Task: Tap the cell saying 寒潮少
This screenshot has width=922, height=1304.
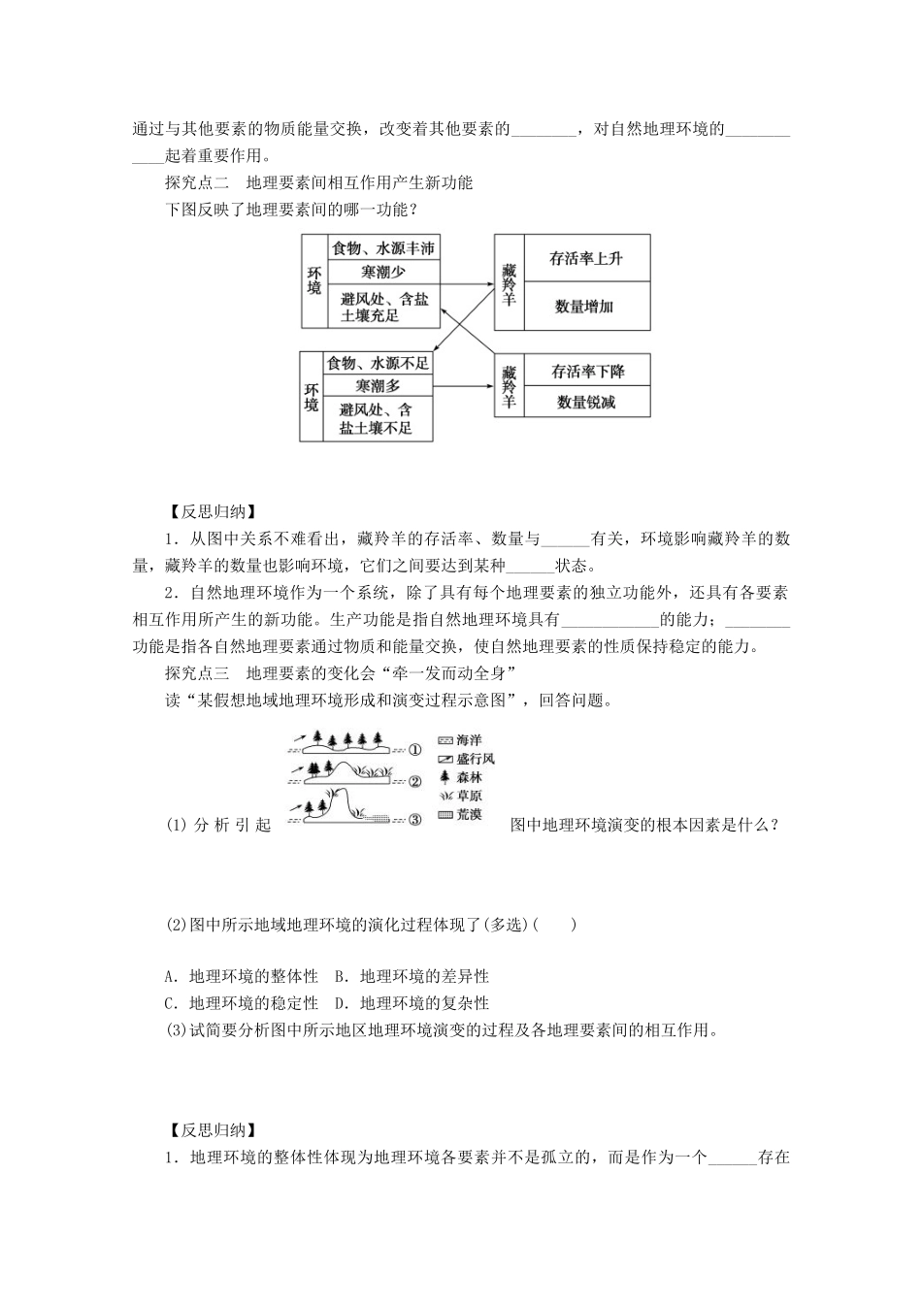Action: (382, 273)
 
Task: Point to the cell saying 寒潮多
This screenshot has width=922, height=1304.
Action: (378, 386)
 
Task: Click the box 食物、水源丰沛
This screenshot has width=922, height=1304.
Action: (382, 248)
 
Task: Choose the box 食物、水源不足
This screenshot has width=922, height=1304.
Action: (378, 363)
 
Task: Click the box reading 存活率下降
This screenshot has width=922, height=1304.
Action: (587, 371)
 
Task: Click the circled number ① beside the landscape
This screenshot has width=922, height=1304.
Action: (414, 749)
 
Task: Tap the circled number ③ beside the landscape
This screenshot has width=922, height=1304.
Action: (414, 819)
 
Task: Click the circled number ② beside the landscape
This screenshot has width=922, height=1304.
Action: (414, 781)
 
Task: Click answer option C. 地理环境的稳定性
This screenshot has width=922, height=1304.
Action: (242, 1002)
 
